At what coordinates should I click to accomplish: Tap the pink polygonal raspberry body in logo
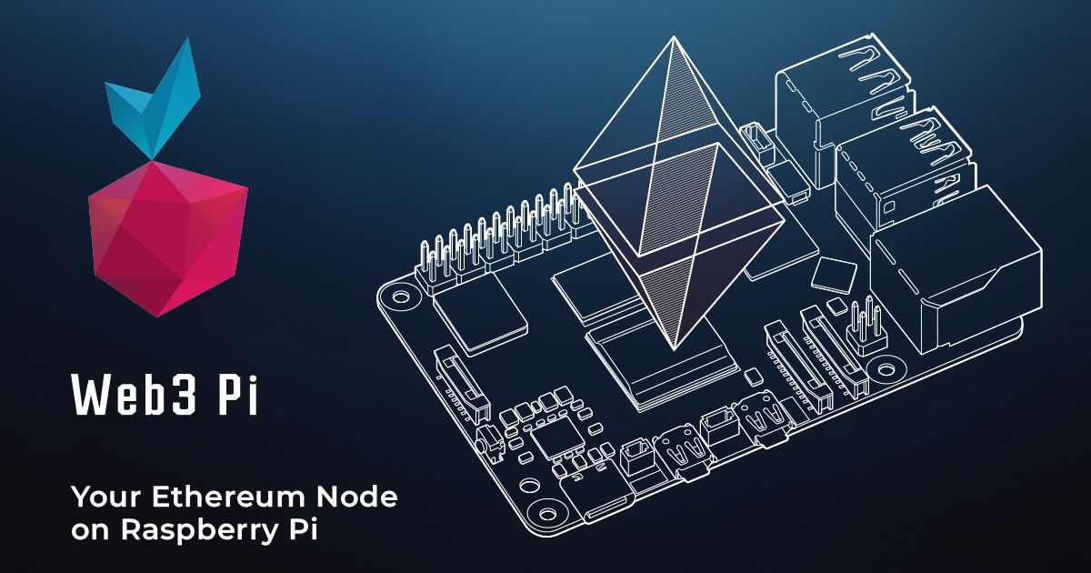point(168,236)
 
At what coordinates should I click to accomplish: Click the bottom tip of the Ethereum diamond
point(674,346)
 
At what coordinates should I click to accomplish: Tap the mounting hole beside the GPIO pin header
point(397,296)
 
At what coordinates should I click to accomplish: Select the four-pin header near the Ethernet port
point(865,332)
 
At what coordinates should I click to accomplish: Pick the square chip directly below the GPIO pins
point(480,314)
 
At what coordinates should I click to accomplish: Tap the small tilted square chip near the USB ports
point(831,274)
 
